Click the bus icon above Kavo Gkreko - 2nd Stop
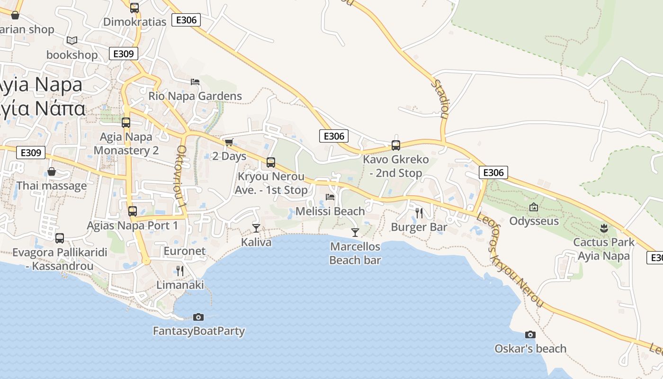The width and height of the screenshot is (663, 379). [395, 145]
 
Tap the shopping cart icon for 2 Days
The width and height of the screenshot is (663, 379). [229, 142]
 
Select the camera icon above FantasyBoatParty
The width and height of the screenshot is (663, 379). [198, 317]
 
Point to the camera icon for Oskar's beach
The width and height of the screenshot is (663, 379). [530, 334]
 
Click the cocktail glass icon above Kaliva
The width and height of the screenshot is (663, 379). [256, 228]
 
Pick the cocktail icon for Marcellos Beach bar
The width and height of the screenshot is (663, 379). [355, 232]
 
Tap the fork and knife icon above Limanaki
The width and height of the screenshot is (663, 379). [180, 271]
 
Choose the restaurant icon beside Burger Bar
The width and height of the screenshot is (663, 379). [419, 213]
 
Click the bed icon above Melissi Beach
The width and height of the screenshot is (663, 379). [330, 197]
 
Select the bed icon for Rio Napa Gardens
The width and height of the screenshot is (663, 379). [195, 81]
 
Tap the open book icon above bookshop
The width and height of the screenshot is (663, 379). [72, 41]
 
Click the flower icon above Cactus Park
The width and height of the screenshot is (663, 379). [603, 228]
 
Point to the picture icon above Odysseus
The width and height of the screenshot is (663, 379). [534, 207]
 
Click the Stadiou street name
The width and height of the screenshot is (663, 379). [440, 99]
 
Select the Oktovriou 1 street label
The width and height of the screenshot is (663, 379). [182, 176]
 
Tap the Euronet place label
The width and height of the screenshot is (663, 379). [185, 251]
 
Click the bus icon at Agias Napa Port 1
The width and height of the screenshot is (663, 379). [133, 211]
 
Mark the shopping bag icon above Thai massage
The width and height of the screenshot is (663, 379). [52, 171]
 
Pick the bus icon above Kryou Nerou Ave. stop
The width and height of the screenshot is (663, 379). [271, 162]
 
